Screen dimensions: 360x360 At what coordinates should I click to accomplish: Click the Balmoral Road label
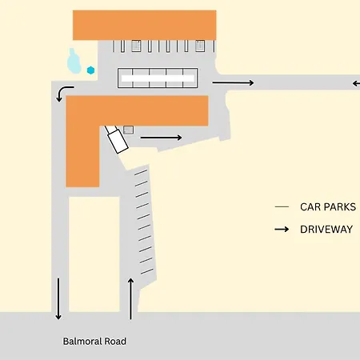point(94,342)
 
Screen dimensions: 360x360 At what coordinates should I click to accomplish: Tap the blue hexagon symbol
point(90,70)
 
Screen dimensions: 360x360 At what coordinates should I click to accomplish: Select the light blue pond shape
point(74,62)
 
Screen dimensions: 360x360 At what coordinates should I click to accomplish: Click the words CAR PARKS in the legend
point(328,207)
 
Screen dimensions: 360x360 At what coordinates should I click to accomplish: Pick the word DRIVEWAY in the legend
point(326,230)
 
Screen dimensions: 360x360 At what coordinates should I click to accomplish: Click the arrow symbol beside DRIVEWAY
point(282,230)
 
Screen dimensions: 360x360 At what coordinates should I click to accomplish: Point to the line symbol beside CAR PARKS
point(282,206)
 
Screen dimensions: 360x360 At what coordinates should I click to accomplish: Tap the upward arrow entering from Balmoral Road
point(130,298)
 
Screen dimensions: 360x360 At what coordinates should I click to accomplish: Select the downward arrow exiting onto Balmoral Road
point(58,299)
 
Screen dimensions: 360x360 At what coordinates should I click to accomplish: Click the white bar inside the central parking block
point(158,78)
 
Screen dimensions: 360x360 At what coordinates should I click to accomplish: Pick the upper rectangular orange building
point(145,26)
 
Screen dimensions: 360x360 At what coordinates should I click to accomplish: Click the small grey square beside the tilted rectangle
point(129,130)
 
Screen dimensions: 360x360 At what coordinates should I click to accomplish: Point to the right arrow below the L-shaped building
point(161,138)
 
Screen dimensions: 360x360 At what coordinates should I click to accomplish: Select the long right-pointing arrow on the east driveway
point(233,82)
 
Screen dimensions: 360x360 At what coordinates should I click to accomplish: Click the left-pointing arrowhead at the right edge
point(356,83)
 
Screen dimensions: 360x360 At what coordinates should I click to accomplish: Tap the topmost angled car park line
point(141,173)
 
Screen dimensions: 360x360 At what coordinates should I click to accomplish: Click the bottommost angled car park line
point(147,271)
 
